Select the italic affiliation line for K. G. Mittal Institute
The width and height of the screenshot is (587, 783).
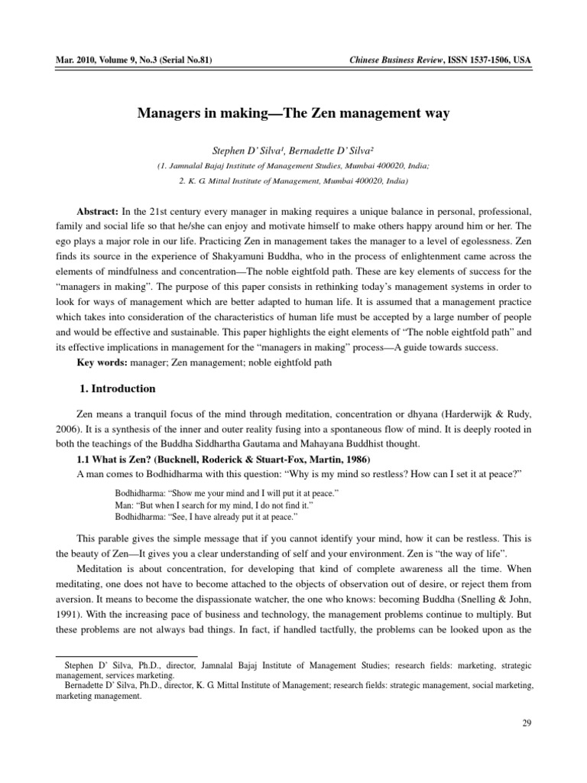click(293, 181)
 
